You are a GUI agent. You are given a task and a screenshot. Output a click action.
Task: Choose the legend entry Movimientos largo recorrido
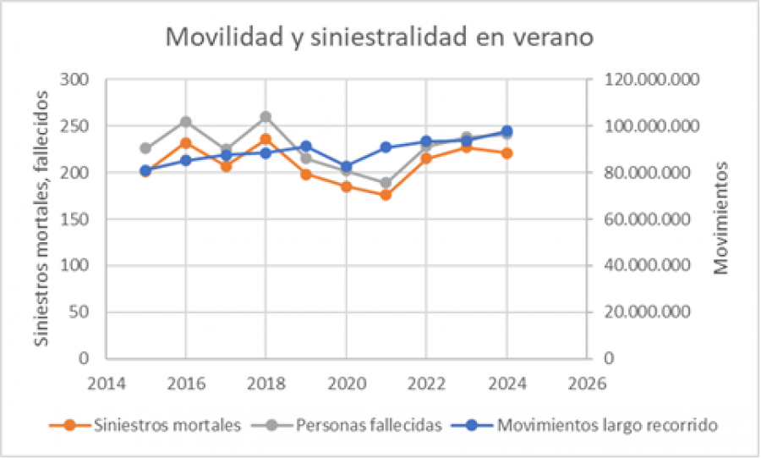596,425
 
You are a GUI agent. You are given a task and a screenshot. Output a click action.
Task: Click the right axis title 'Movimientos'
720,218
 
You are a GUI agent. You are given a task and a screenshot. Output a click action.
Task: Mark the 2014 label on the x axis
105,382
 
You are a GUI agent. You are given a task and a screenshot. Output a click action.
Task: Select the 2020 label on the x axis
346,382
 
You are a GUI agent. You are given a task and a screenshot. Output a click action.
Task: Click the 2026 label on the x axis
587,382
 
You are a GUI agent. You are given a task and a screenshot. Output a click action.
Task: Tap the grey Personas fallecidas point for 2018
266,117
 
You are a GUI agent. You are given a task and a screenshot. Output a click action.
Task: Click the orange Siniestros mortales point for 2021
386,195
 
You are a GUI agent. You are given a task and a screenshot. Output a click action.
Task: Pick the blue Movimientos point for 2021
386,147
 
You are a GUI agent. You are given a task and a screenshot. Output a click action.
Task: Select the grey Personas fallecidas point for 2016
185,122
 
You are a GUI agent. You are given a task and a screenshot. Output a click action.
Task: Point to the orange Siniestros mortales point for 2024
506,153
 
